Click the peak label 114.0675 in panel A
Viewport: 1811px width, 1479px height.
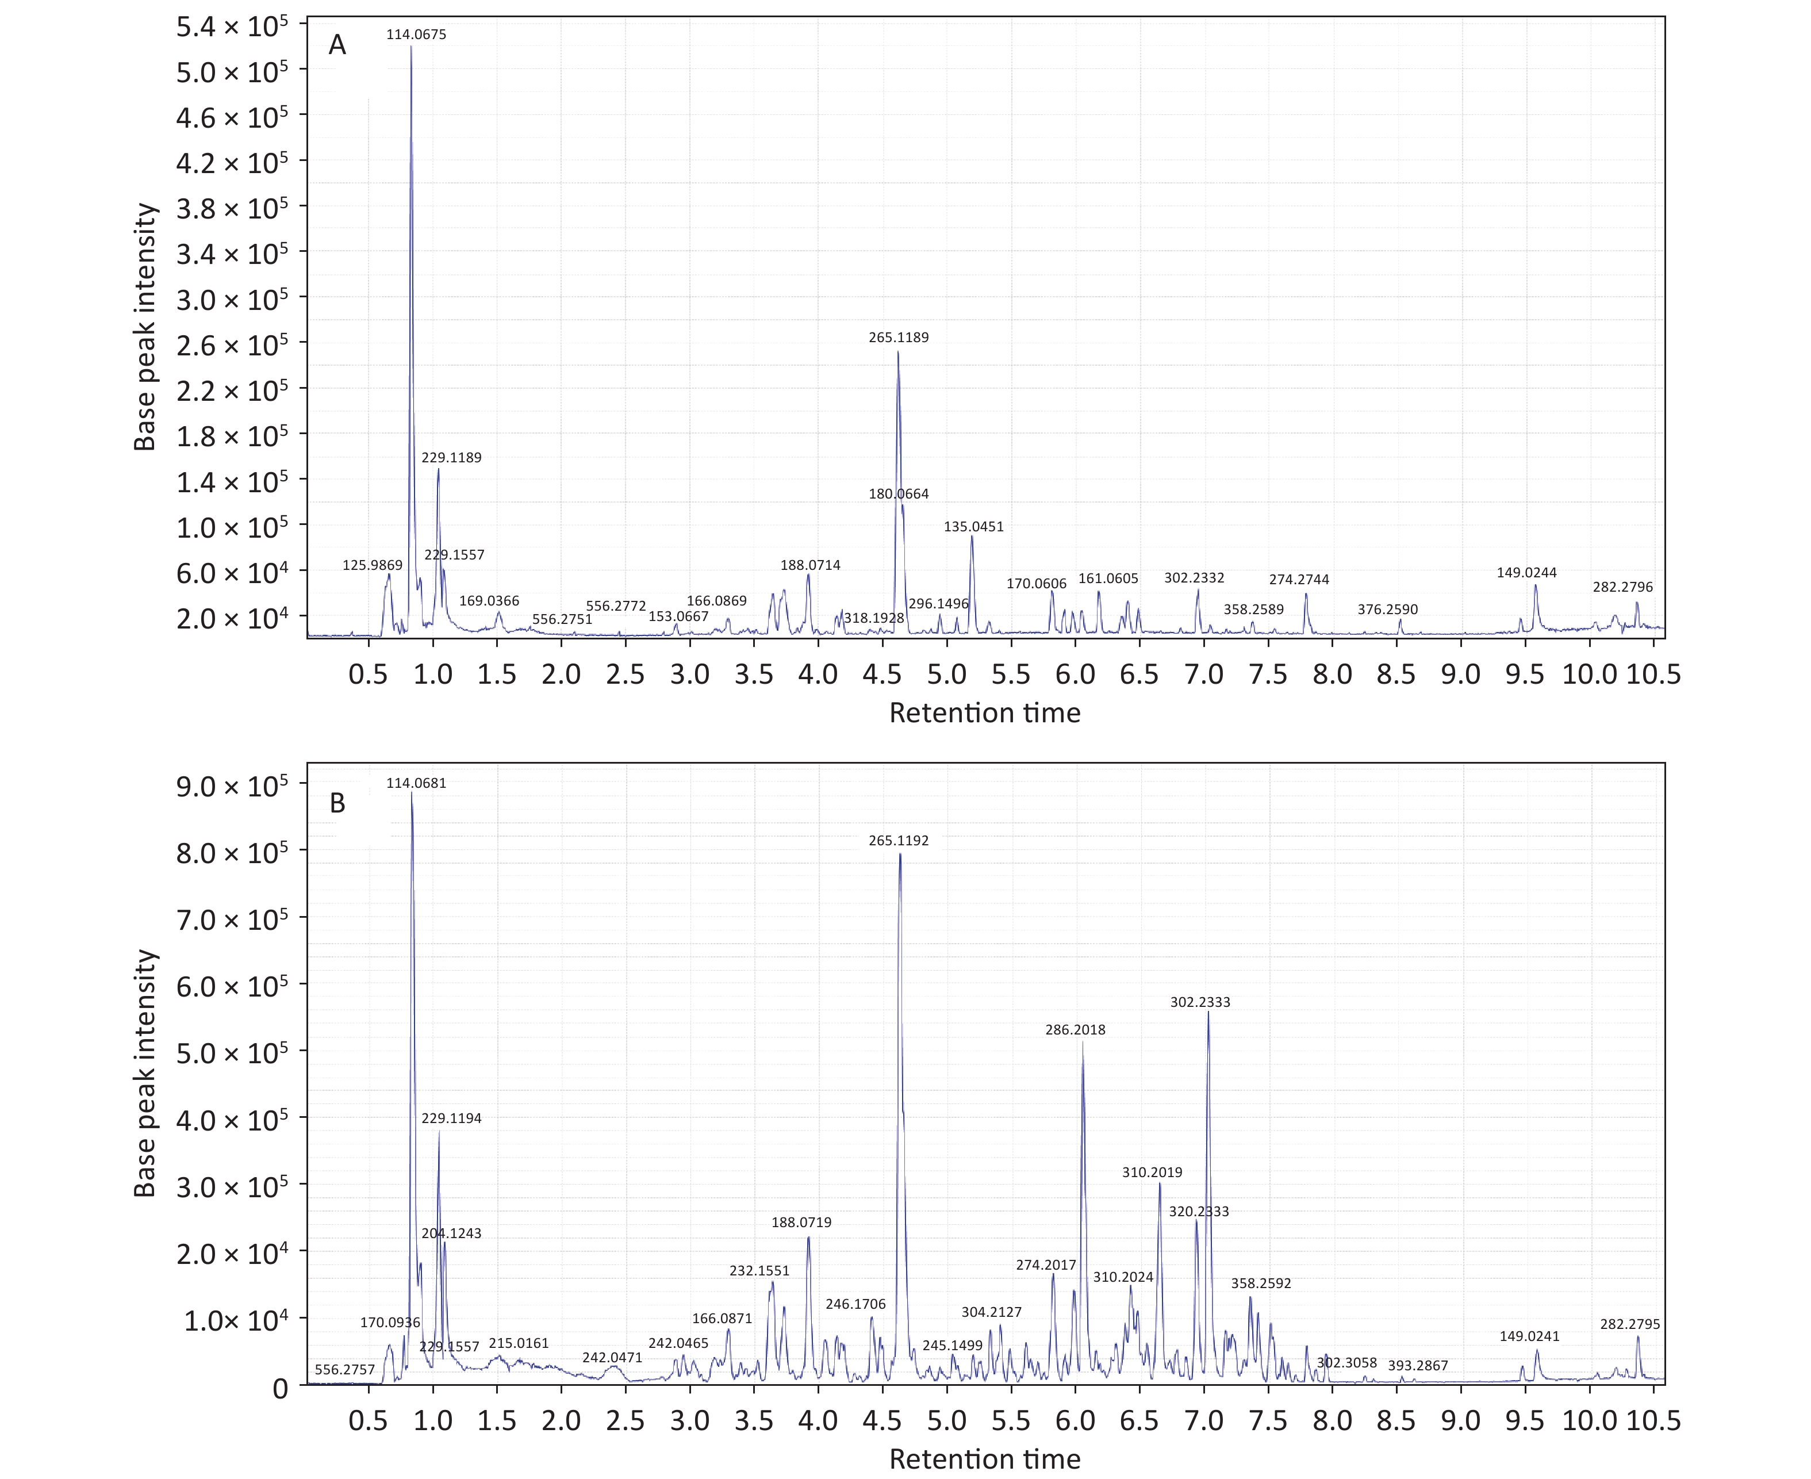[x=416, y=35]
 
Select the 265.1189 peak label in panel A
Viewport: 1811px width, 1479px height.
[x=899, y=338]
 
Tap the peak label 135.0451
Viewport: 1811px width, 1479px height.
[x=974, y=527]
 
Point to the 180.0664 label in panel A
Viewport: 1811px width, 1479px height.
[x=899, y=494]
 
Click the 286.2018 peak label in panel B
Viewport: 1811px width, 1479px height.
[x=1075, y=1030]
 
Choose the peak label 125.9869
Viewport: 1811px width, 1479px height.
[x=372, y=565]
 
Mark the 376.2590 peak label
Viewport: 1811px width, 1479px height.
[x=1388, y=609]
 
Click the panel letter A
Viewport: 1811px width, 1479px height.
[x=337, y=45]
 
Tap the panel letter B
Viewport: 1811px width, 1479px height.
[x=337, y=803]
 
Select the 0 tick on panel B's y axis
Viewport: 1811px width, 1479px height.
[x=280, y=1389]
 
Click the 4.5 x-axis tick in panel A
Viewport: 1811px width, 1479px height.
[x=883, y=675]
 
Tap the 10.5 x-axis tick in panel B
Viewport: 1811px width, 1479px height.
[x=1652, y=1420]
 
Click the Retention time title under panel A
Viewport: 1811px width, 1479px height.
[x=985, y=712]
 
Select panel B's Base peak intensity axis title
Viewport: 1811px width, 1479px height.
[x=145, y=1074]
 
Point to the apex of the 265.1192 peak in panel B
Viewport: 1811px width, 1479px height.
[x=900, y=854]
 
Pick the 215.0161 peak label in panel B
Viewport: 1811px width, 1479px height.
[x=519, y=1343]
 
